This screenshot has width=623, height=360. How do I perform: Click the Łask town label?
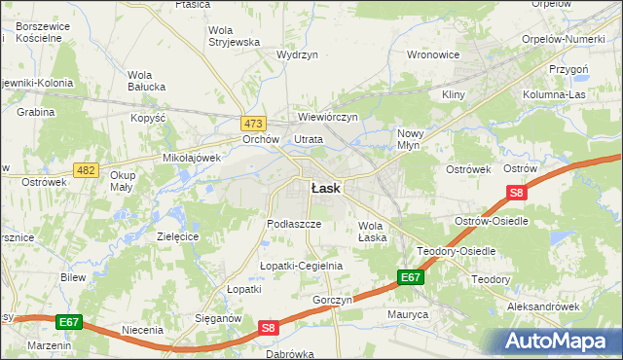pos(325,189)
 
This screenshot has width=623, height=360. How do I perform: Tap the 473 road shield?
pos(254,124)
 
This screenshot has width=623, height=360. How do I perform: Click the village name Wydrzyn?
pos(297,55)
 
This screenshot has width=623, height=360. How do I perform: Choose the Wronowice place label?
pos(432,54)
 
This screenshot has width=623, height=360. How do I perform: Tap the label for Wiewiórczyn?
pos(328,117)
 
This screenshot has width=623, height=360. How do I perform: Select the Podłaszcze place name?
pos(294,223)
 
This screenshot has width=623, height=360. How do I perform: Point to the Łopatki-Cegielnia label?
pos(302,266)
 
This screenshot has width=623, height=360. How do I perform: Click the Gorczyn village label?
pos(332,300)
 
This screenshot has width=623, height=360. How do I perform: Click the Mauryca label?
pos(407,314)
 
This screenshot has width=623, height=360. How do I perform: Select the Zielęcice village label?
pos(177,236)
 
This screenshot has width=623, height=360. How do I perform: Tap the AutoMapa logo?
pos(558,341)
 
